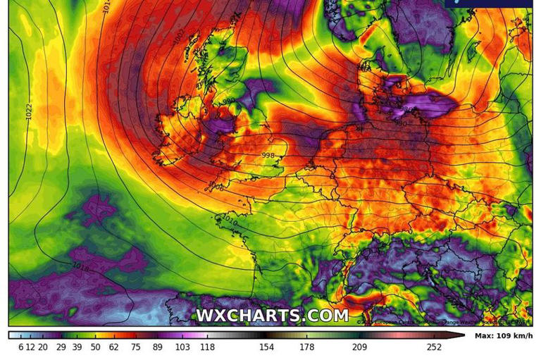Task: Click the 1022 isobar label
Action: pyautogui.click(x=30, y=111)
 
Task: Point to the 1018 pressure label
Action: pyautogui.click(x=81, y=266)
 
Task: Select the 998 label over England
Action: pyautogui.click(x=268, y=156)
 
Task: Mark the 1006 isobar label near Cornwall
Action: pyautogui.click(x=216, y=187)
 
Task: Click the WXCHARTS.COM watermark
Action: pyautogui.click(x=272, y=316)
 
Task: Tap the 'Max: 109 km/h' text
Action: pyautogui.click(x=502, y=336)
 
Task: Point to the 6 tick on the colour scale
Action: pyautogui.click(x=21, y=347)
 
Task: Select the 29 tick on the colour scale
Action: pyautogui.click(x=61, y=347)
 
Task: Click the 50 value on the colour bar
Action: pyautogui.click(x=95, y=347)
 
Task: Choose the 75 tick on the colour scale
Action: pyautogui.click(x=134, y=347)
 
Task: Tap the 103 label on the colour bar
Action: pyautogui.click(x=182, y=347)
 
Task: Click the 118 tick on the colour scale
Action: pyautogui.click(x=207, y=347)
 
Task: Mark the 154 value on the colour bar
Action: pyautogui.click(x=266, y=347)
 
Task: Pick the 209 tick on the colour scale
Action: pyautogui.click(x=359, y=347)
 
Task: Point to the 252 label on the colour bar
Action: pyautogui.click(x=433, y=347)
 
